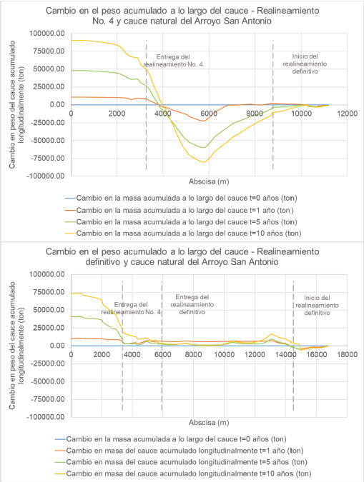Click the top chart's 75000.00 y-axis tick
47,51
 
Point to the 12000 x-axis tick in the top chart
347,114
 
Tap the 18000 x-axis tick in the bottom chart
347,354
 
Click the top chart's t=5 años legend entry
181,222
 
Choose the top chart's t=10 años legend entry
183,234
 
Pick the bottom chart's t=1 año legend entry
179,451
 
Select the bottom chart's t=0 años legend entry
171,439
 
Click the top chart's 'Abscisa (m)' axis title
209,181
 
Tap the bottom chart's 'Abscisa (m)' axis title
209,423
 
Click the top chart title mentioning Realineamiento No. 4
182,16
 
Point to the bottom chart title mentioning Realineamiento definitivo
182,256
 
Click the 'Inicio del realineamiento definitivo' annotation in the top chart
305,64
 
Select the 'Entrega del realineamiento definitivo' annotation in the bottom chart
192,305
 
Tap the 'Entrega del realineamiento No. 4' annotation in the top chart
173,61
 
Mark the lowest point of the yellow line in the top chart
204,162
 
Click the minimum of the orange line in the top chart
203,121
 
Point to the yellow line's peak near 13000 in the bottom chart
272,334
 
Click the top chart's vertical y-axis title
16,104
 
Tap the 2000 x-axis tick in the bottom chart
102,354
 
